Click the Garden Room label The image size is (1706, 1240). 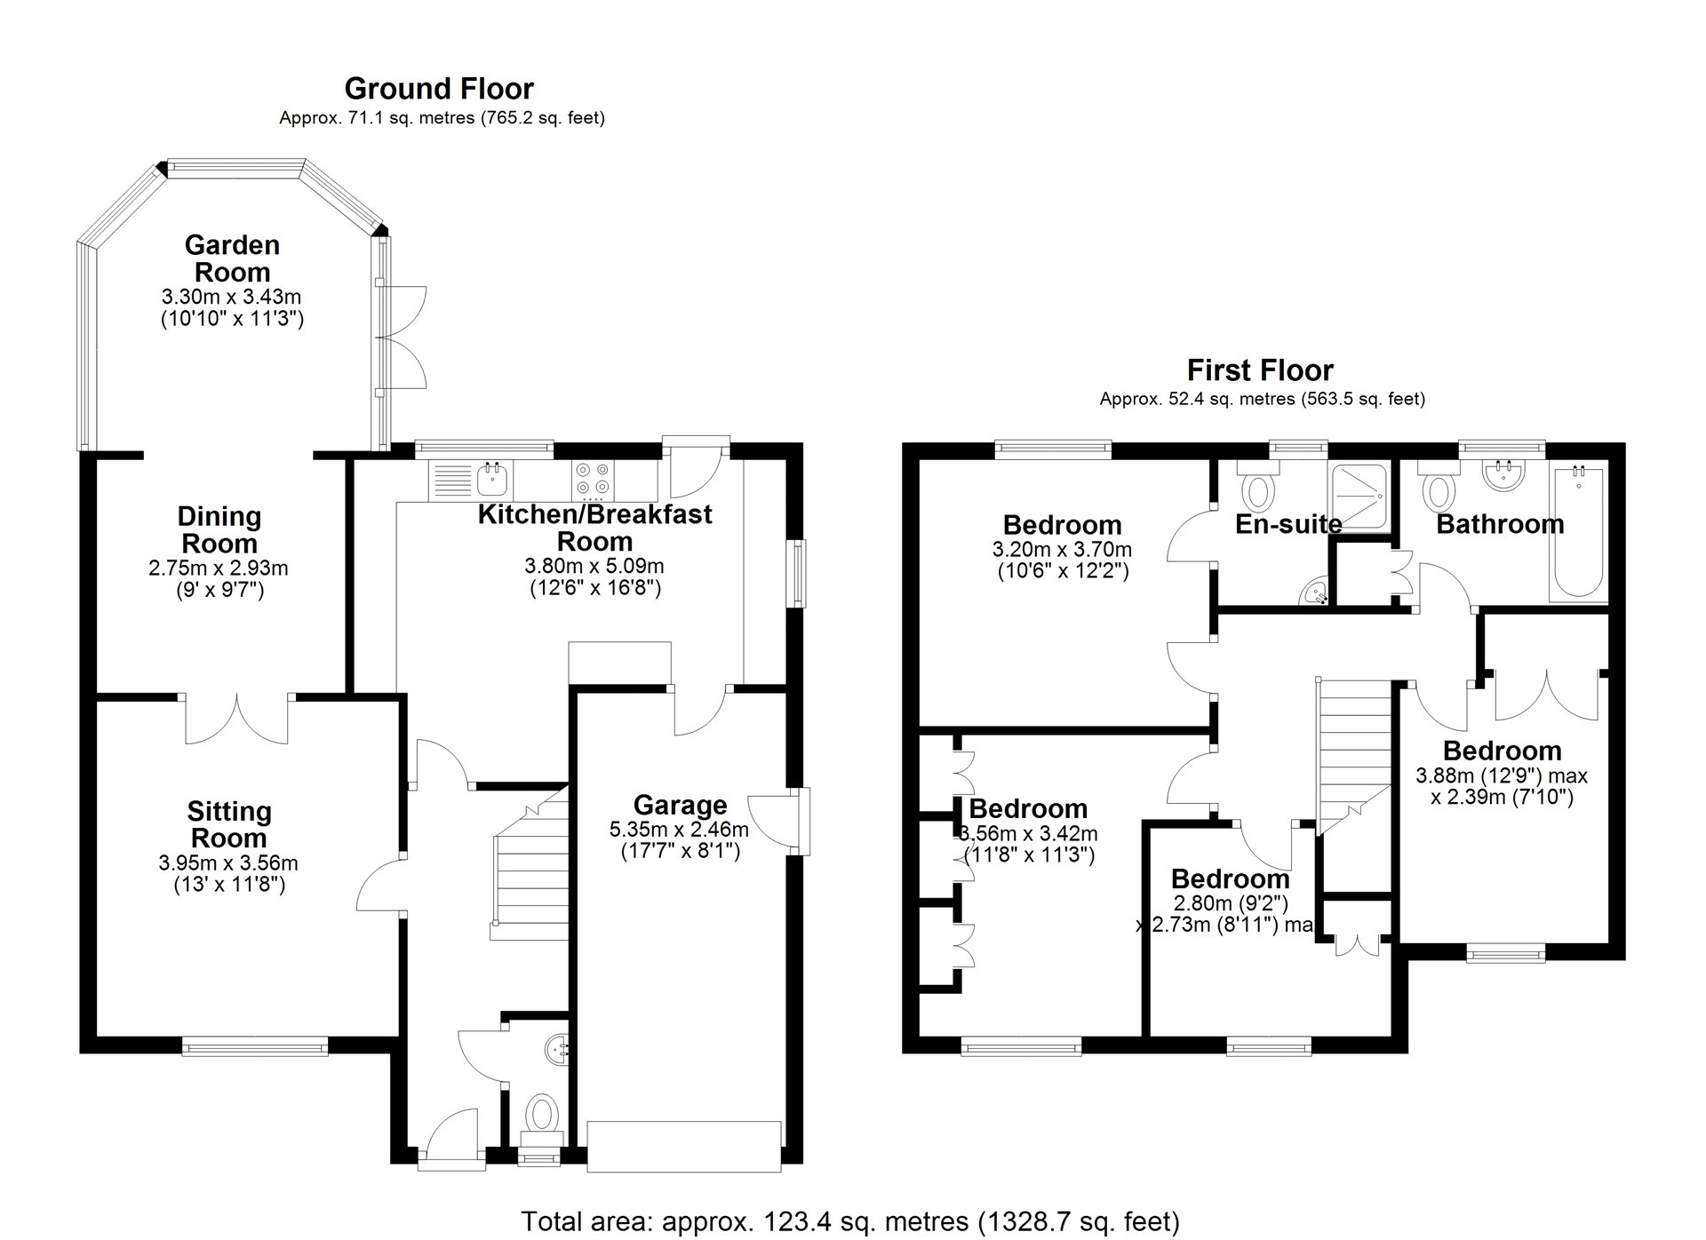(x=232, y=258)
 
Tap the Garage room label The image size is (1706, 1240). (x=680, y=805)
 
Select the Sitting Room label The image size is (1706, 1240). (x=229, y=824)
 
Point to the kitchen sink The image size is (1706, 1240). (x=492, y=480)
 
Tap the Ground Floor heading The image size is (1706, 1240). (x=439, y=89)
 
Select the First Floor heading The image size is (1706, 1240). (x=1260, y=370)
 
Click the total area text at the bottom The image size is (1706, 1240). (x=850, y=1221)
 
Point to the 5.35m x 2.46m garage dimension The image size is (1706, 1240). (x=679, y=830)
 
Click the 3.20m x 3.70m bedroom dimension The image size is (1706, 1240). (x=1062, y=550)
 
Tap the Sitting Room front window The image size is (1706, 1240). (x=255, y=1047)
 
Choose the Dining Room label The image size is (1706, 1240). (x=219, y=529)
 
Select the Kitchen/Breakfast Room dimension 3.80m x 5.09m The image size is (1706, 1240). (x=594, y=566)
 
